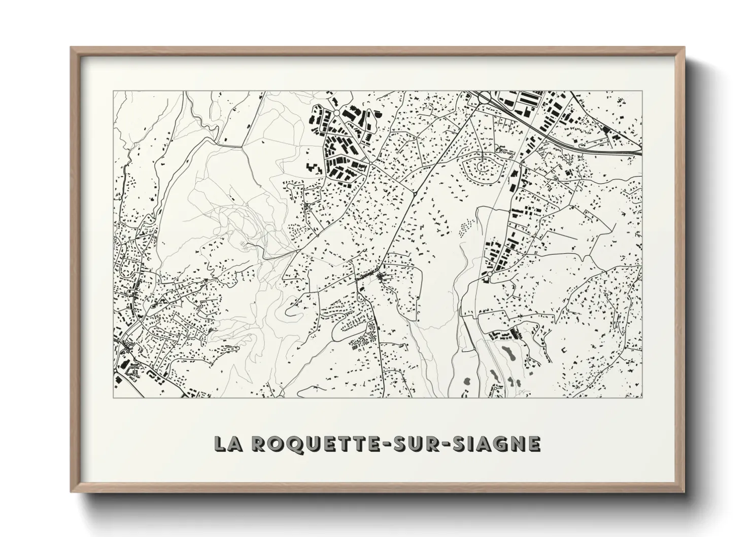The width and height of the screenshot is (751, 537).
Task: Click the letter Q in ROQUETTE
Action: coord(285,444)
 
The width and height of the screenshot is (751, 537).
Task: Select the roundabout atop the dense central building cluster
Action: coord(336,113)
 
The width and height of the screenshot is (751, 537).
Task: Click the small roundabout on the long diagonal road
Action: coord(415,193)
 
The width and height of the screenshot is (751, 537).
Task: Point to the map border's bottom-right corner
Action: coord(642,397)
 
